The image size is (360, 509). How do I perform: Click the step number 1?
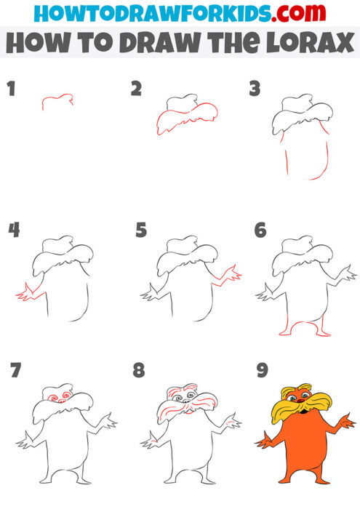click(x=11, y=89)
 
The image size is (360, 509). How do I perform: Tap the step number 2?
click(x=136, y=89)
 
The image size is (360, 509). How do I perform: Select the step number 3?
click(x=255, y=89)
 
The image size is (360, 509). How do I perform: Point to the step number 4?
click(x=14, y=231)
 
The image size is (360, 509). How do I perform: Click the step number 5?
click(x=141, y=231)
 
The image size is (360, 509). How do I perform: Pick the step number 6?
click(x=260, y=231)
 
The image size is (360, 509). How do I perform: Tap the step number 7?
click(x=15, y=371)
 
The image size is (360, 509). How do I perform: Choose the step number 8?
click(x=139, y=371)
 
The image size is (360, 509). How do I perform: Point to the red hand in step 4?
click(x=26, y=293)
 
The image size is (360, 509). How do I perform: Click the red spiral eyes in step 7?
click(x=57, y=398)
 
